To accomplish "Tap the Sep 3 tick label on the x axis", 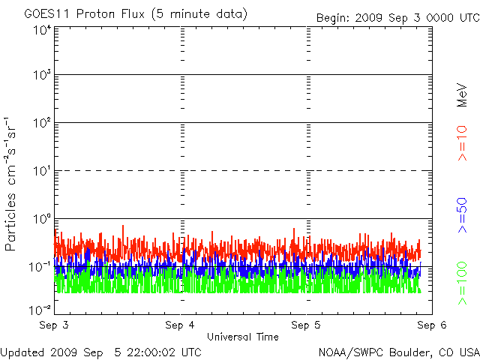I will tap(55, 325).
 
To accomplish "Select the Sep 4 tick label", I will tap(181, 325).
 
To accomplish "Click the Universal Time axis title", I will tap(242, 337).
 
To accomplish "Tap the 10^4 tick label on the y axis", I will tap(42, 30).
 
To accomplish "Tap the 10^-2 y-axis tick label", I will tap(41, 309).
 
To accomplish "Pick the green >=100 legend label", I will tap(463, 283).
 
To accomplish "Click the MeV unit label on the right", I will tap(463, 96).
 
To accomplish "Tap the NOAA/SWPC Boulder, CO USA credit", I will tap(398, 352).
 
